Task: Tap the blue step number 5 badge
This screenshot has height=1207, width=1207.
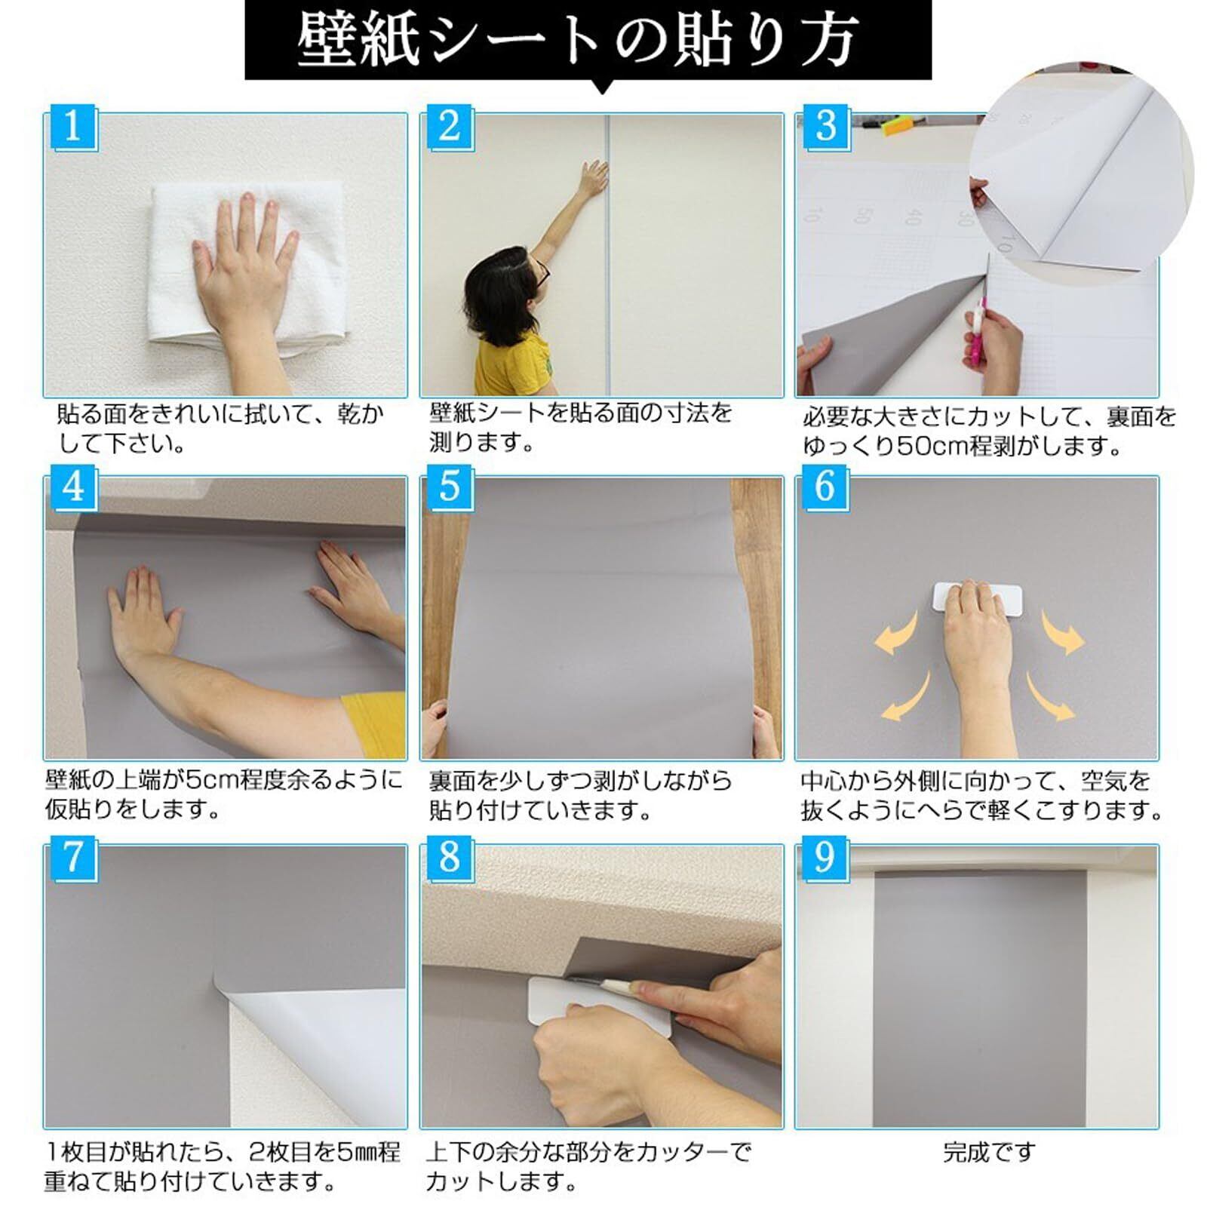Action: coord(450,487)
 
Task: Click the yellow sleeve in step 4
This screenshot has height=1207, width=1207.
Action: coord(374,724)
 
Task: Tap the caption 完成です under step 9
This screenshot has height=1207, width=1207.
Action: coord(989,1152)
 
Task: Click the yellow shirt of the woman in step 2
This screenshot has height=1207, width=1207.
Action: coord(513,366)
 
